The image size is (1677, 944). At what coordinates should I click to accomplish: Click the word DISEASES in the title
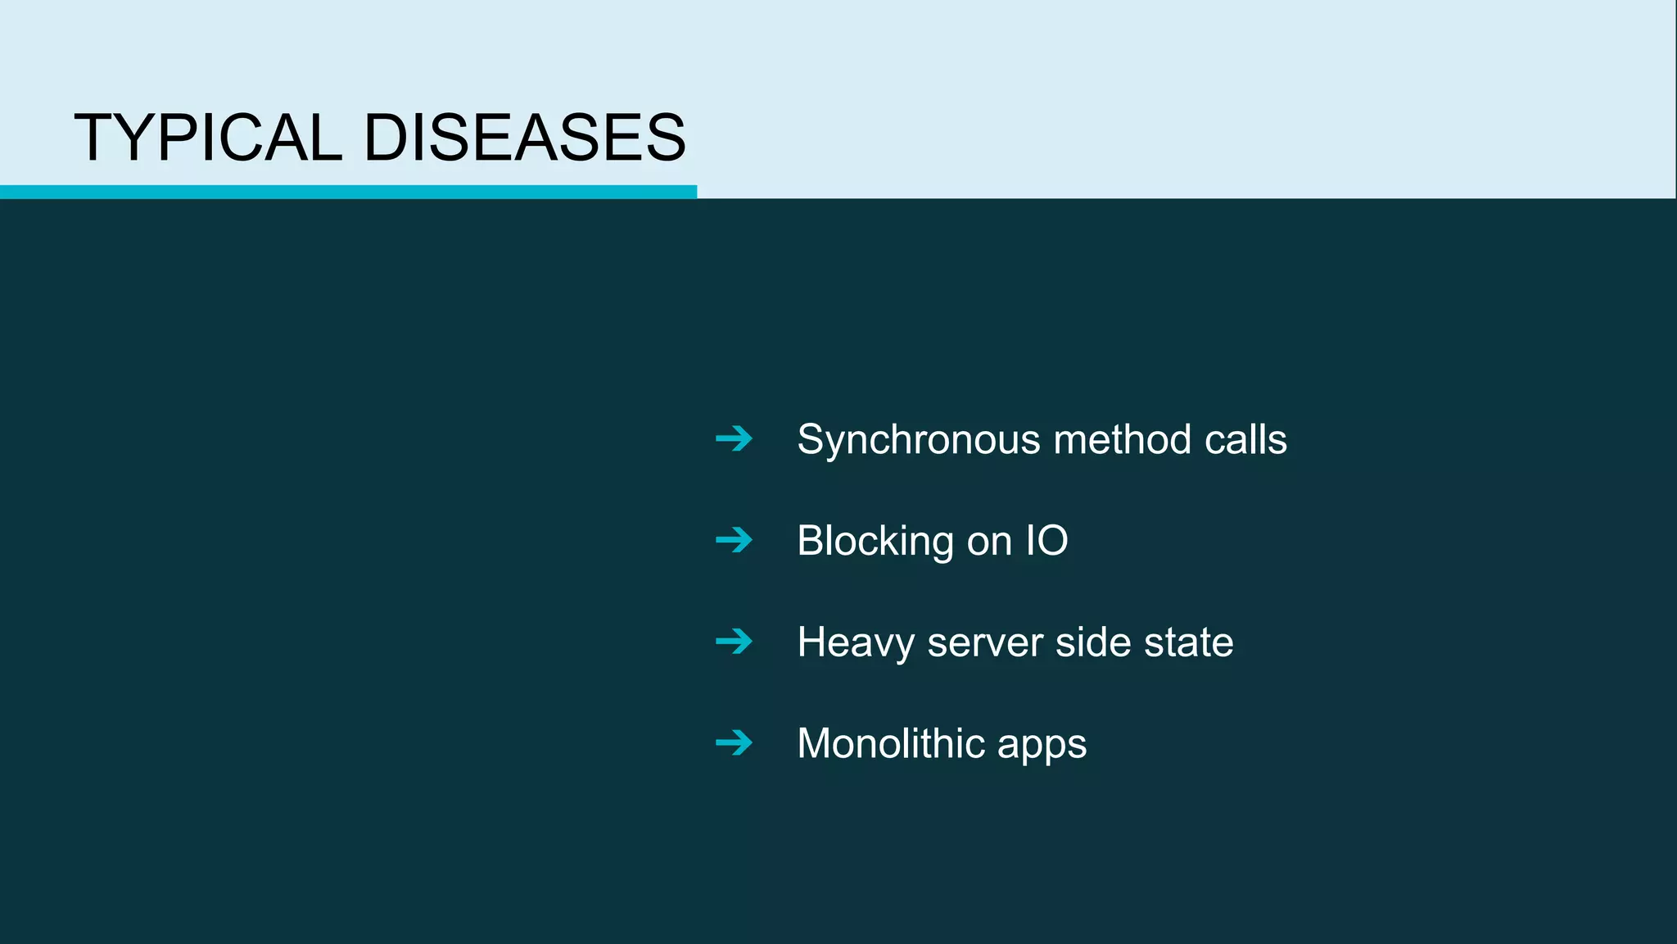(524, 138)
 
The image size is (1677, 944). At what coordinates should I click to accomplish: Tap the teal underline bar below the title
(348, 192)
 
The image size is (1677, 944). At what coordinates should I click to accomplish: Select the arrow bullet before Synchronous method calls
(734, 439)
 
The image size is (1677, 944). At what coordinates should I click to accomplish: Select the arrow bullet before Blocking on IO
(734, 540)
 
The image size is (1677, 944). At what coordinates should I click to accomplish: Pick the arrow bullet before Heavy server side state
(734, 642)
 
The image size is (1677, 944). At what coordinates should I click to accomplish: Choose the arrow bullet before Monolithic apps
(734, 743)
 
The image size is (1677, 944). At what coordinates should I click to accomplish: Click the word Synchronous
(919, 441)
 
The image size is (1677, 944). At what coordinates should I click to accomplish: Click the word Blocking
(875, 542)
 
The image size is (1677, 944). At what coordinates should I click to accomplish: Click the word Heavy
(856, 643)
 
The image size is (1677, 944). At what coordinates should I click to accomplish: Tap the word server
(985, 643)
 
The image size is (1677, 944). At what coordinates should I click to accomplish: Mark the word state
(1188, 643)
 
